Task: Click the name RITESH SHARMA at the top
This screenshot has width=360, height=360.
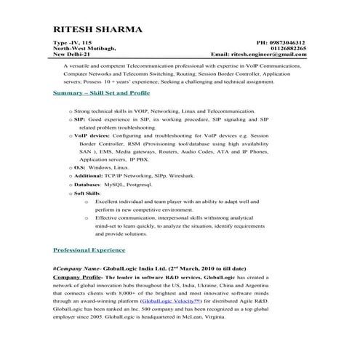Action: coord(98,30)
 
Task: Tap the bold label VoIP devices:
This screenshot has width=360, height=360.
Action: coord(92,135)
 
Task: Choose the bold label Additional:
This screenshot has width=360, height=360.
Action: coord(88,175)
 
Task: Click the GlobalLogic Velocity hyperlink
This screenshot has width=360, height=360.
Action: coord(171,300)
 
